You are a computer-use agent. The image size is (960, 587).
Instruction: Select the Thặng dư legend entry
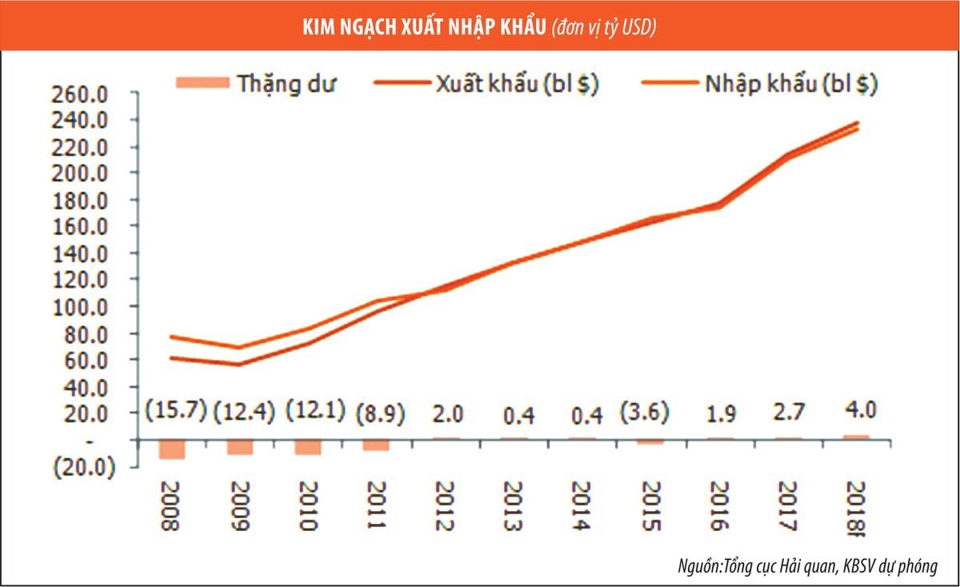tap(261, 83)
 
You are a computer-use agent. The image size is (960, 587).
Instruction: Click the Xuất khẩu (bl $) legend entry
tap(487, 83)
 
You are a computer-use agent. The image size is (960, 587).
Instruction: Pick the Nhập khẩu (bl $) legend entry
tap(759, 83)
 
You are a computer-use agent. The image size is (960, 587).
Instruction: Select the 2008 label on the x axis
tap(171, 507)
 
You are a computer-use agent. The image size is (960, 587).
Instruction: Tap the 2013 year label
tap(514, 507)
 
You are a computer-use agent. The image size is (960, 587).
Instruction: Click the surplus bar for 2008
tap(172, 449)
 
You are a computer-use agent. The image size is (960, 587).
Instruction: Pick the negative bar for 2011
tap(377, 445)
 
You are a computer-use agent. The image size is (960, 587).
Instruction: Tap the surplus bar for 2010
tap(308, 446)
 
